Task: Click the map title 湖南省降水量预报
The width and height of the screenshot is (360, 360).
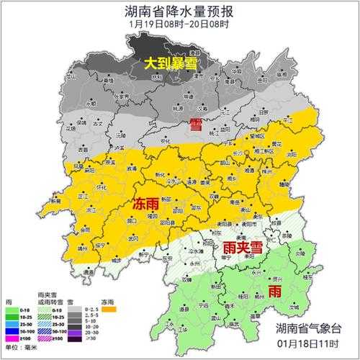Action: (x=180, y=12)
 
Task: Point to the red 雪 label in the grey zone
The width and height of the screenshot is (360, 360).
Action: (x=195, y=124)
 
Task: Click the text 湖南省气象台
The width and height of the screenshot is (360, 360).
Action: (x=310, y=329)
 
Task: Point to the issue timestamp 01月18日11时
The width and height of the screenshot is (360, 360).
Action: (x=310, y=343)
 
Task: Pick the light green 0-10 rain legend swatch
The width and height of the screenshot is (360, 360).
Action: (x=11, y=310)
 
